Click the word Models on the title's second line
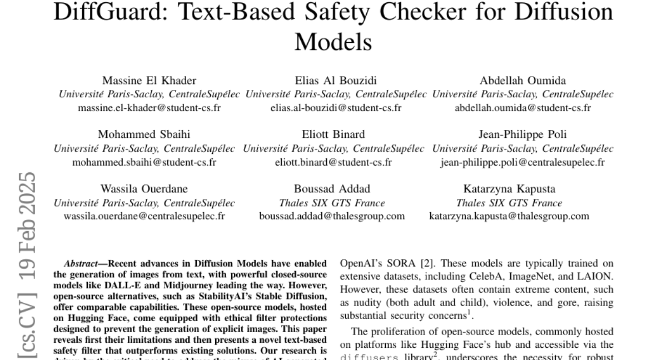(333, 41)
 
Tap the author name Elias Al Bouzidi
(335, 81)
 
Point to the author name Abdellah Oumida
(523, 81)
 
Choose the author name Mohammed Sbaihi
(144, 135)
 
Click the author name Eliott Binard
(333, 135)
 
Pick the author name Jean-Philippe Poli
(523, 135)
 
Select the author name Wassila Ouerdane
(144, 189)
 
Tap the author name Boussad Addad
(332, 189)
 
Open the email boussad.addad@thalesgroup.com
(332, 216)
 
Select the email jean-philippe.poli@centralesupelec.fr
(522, 162)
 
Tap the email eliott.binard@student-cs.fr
(333, 162)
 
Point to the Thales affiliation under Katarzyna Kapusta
(509, 203)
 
